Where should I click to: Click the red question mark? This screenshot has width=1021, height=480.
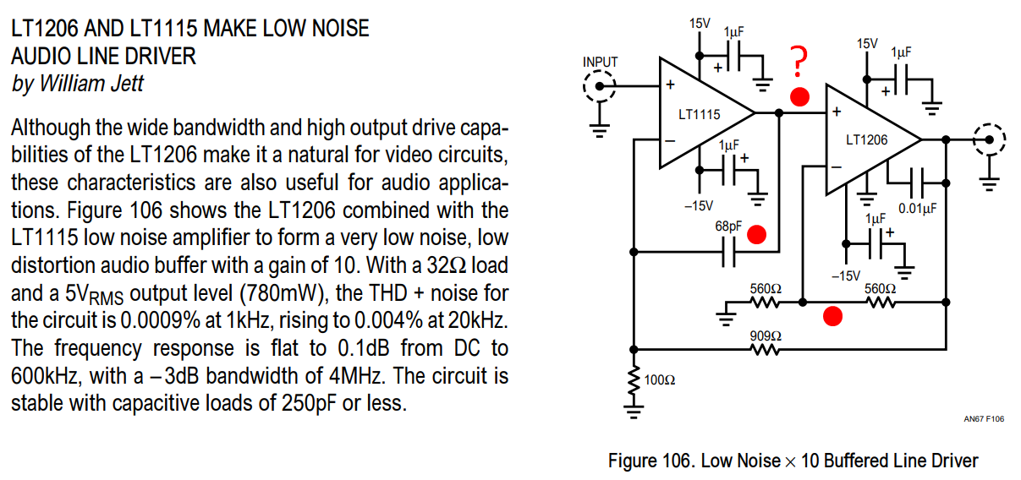tap(799, 62)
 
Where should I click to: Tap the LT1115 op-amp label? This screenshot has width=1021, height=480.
tap(700, 114)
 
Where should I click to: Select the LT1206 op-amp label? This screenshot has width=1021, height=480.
tap(866, 139)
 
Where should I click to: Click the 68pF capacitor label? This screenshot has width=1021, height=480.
tap(728, 226)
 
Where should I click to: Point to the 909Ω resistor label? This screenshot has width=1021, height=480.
tap(766, 336)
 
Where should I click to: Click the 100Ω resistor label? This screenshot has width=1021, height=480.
tap(660, 379)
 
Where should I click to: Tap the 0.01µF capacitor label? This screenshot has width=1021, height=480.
tap(918, 209)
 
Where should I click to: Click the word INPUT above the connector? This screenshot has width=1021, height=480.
tap(600, 62)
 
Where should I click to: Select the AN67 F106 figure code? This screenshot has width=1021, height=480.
tap(984, 419)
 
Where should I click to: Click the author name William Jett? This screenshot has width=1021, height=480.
tap(91, 84)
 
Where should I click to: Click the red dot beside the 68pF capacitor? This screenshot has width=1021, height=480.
tap(756, 235)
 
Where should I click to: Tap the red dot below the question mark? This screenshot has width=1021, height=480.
tap(799, 97)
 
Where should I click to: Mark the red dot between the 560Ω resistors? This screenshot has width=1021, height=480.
tap(832, 317)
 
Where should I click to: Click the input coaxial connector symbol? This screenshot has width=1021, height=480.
tap(600, 86)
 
